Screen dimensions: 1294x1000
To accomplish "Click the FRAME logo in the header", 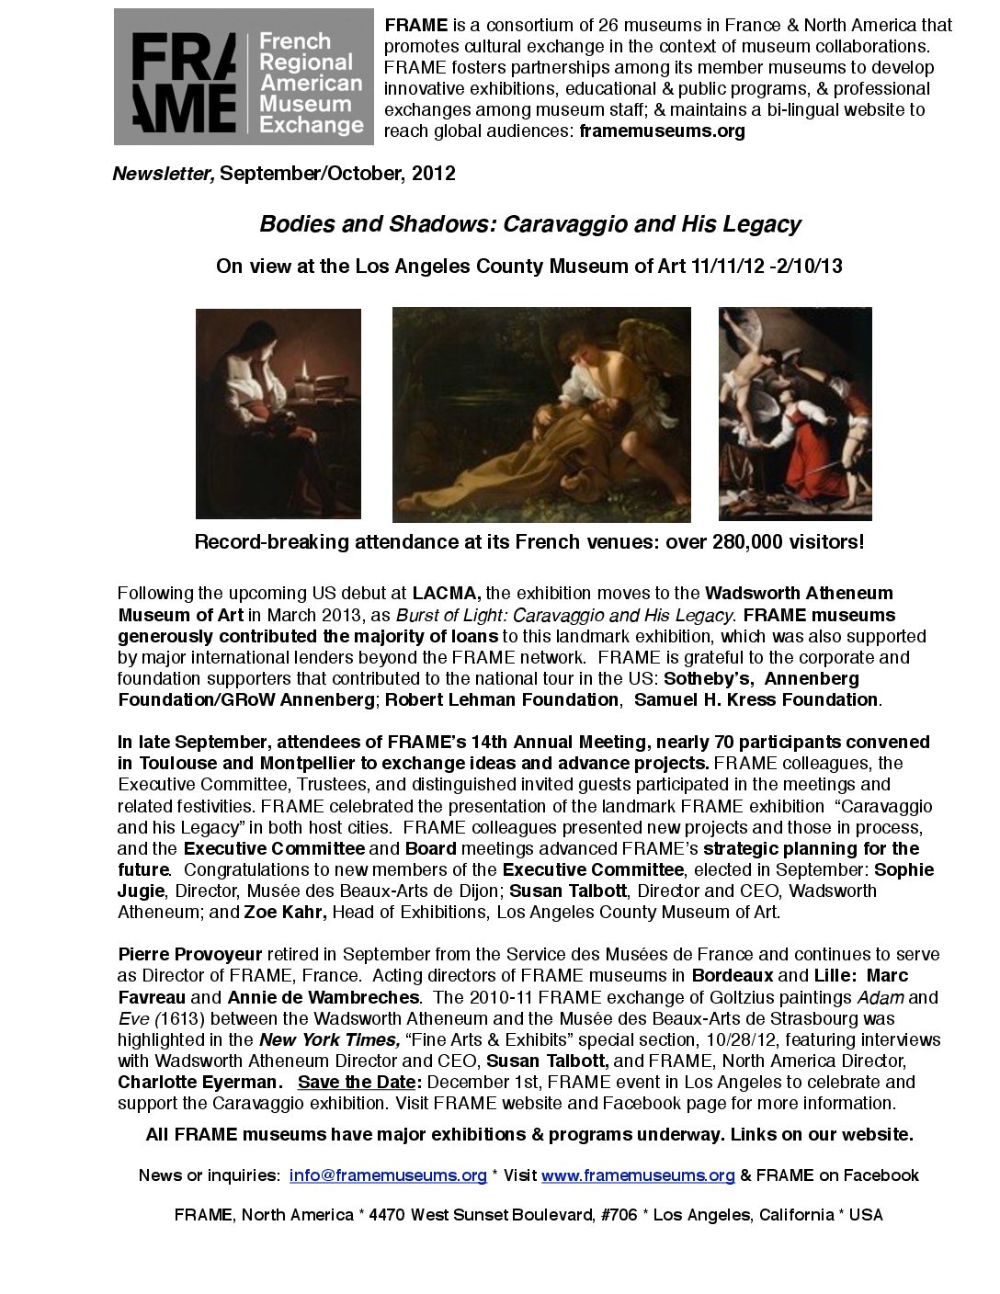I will (x=244, y=77).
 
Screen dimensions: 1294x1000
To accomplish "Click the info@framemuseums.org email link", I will (x=387, y=1175).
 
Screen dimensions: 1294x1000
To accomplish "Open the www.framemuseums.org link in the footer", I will (x=638, y=1175).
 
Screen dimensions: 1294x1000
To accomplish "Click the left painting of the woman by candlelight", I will (x=278, y=414).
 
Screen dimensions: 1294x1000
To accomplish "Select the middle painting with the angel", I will (x=541, y=414).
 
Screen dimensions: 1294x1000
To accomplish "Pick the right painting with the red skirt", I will (x=794, y=414).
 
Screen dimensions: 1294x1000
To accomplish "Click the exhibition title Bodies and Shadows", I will (x=530, y=223).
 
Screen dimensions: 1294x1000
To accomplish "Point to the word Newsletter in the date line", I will (x=163, y=174).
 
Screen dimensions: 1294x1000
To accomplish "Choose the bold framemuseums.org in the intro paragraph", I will (x=662, y=131).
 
